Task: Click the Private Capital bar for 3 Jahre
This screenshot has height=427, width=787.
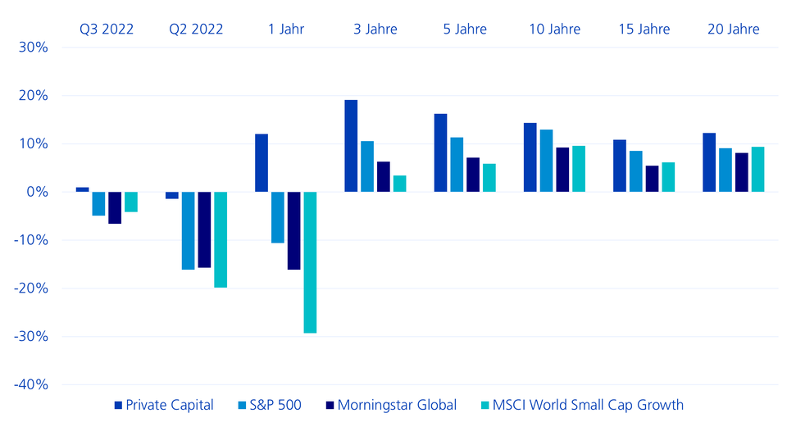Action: [x=351, y=146]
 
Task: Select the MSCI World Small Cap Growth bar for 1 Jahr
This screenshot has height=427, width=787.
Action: [x=310, y=262]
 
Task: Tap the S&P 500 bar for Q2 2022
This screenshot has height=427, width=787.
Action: [x=189, y=230]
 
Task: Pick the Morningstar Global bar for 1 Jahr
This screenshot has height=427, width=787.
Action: [x=293, y=230]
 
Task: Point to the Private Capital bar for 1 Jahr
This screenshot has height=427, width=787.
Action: [x=262, y=163]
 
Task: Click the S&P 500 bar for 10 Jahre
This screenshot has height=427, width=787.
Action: [x=547, y=161]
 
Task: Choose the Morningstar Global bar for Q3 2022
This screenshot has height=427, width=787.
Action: [x=115, y=207]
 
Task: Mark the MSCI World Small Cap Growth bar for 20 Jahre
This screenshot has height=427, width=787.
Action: [x=758, y=170]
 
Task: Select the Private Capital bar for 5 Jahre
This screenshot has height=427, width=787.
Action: [x=440, y=152]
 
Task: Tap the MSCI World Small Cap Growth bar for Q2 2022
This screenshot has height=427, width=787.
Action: [x=221, y=239]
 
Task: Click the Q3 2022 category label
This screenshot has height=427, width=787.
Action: [x=106, y=30]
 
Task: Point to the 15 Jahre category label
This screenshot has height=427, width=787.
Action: [x=644, y=30]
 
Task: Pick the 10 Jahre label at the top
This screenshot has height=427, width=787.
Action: [x=554, y=30]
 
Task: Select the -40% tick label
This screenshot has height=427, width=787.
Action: [x=31, y=384]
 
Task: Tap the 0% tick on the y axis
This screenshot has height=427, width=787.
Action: [x=38, y=192]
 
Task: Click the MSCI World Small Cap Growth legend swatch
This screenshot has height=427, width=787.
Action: [x=485, y=405]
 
